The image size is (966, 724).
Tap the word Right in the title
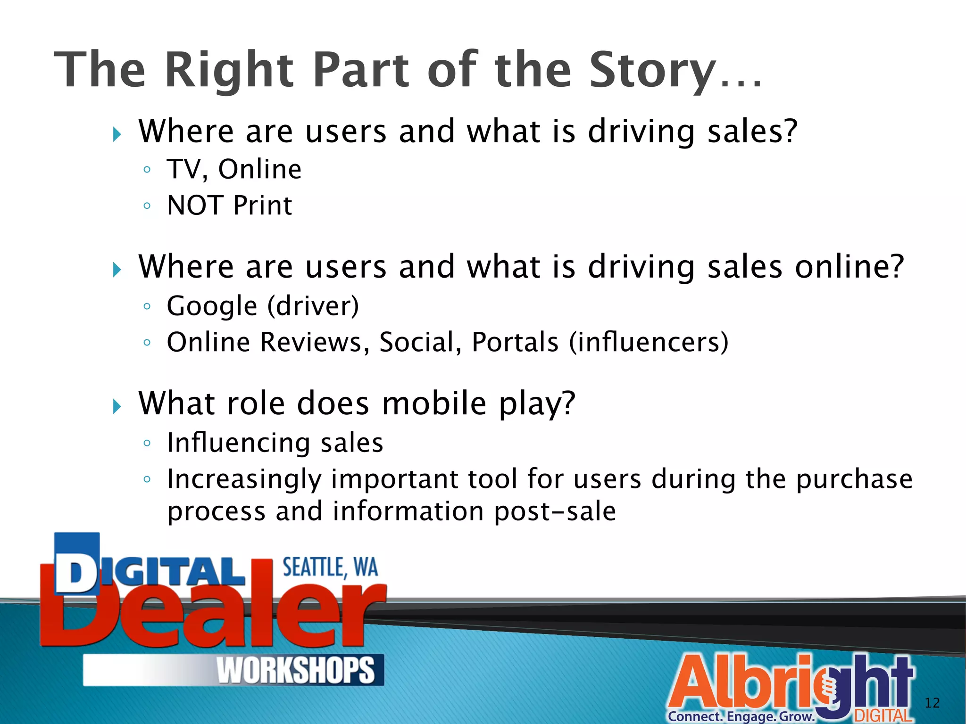tap(229, 71)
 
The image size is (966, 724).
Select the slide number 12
tap(932, 703)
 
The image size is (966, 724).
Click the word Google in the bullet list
tap(212, 306)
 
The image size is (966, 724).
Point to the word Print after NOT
tap(263, 206)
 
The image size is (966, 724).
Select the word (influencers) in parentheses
tap(649, 342)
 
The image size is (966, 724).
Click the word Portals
tap(515, 342)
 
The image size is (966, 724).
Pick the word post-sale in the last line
tap(555, 512)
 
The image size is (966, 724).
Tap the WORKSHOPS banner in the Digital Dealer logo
tap(295, 670)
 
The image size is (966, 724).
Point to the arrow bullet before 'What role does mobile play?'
tap(117, 406)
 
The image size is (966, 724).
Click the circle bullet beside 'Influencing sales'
tap(147, 443)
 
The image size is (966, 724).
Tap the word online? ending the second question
tap(849, 267)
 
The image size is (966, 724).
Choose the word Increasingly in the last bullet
tap(244, 480)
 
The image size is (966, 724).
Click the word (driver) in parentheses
tap(313, 306)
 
